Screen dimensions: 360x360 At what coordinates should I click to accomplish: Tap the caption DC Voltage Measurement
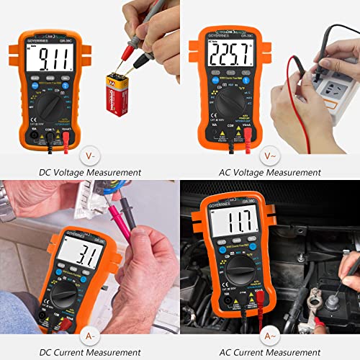[x=90, y=173]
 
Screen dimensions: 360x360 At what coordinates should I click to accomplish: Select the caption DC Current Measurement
[x=90, y=351]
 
